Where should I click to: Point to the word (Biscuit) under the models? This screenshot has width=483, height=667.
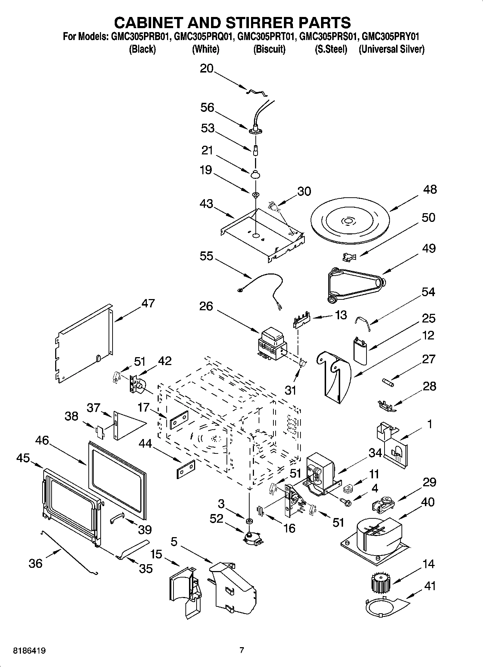[269, 49]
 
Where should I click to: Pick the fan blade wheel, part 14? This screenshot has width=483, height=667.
[381, 583]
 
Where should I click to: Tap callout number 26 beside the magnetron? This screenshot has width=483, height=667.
[206, 306]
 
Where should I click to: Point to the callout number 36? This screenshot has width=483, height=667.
[35, 563]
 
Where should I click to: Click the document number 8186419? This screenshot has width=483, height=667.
[29, 651]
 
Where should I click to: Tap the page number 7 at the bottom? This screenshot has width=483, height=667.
[242, 650]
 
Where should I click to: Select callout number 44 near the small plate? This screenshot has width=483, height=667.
[145, 444]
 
